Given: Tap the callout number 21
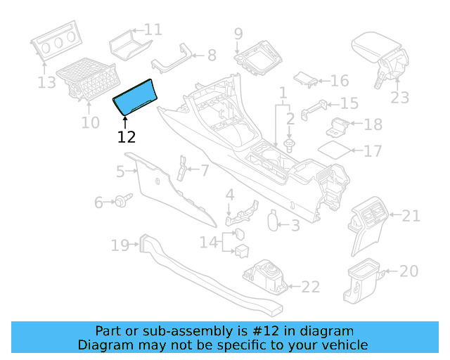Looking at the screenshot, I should (411, 214).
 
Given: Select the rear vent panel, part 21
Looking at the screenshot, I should (370, 224).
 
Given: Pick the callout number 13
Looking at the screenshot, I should (46, 83).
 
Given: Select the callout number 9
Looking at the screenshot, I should (238, 33).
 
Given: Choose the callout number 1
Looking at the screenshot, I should (283, 93).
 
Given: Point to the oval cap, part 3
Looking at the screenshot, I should (273, 221).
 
